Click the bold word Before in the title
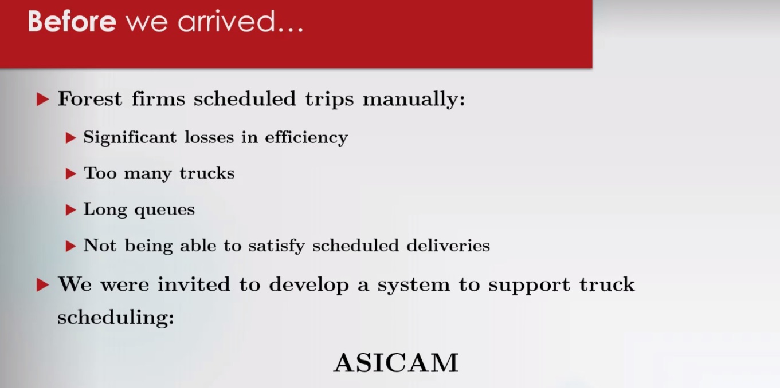pos(72,22)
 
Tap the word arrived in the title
pos(226,22)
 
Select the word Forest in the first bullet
pos(90,98)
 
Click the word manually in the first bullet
pos(414,100)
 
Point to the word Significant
pos(130,138)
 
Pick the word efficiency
pos(307,138)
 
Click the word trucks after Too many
pos(207,173)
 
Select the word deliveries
pos(448,245)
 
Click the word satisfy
pos(276,246)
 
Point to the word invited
pos(194,284)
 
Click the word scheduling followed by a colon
pos(116,318)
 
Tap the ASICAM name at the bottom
pos(396,363)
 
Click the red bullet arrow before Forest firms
pos(42,100)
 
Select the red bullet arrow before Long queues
pos(70,210)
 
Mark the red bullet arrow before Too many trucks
pos(70,173)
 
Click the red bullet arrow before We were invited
pos(42,285)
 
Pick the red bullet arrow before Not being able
pos(70,246)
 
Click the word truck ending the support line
pos(607,284)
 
